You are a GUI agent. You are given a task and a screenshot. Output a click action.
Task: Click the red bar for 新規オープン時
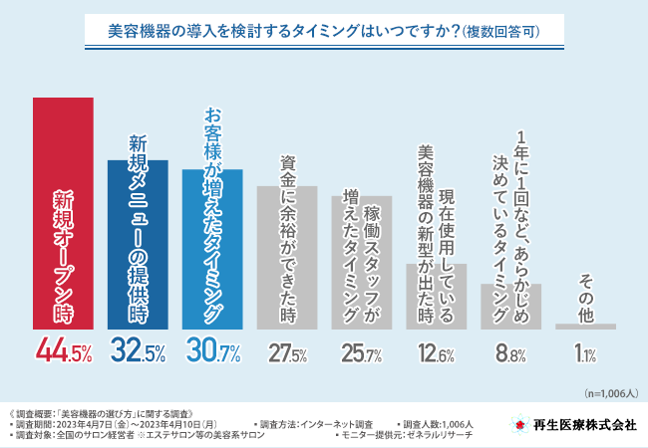click(63, 213)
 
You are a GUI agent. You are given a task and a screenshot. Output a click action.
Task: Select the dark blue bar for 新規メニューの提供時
click(138, 244)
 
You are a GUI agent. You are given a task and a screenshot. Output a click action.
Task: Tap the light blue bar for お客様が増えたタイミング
click(212, 249)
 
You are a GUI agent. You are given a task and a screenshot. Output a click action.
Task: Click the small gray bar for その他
click(585, 326)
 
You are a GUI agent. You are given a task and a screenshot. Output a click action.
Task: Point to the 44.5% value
click(63, 351)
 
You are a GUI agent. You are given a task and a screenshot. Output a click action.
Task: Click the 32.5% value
click(138, 351)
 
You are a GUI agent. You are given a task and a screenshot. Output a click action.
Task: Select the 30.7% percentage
click(212, 351)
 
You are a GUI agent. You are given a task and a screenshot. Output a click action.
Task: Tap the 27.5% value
click(287, 352)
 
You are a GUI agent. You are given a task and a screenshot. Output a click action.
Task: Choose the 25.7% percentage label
click(361, 352)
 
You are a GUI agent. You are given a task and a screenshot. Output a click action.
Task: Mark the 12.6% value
click(436, 352)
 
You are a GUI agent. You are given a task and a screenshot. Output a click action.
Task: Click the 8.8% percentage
click(510, 352)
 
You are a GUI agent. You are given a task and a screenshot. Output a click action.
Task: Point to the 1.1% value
click(585, 352)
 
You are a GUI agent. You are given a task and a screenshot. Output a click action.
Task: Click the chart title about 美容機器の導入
click(324, 32)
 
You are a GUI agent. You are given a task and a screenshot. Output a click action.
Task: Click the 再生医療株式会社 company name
click(584, 424)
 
